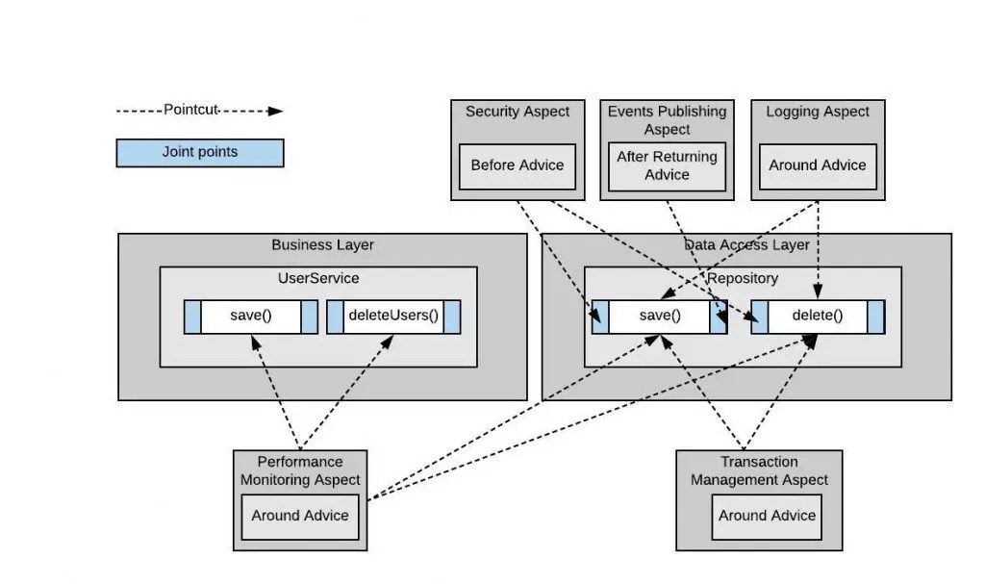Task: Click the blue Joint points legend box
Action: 199,153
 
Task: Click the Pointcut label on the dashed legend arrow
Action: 191,110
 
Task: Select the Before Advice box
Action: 517,165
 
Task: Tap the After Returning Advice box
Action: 667,165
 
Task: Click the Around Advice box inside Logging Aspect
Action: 817,165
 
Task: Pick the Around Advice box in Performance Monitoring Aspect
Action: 300,516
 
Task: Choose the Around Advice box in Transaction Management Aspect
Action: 767,516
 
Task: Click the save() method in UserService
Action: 251,316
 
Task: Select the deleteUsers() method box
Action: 392,316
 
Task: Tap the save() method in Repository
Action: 660,316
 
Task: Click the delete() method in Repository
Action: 817,316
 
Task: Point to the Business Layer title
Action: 322,245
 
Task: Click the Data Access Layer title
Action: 746,245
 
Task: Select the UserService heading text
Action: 317,278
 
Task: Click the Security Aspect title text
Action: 518,112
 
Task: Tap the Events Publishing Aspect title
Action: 667,120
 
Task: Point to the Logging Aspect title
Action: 818,112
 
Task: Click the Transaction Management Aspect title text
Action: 759,471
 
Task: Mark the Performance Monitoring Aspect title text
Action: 300,471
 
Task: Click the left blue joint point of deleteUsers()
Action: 336,317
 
